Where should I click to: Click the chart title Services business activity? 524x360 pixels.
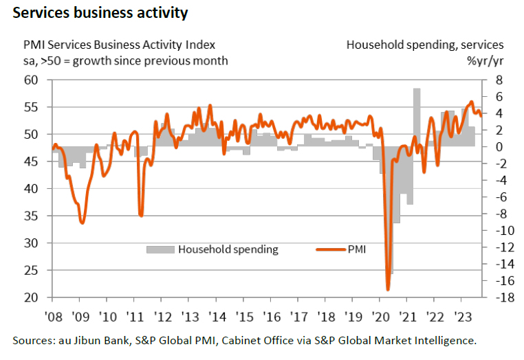coord(100,13)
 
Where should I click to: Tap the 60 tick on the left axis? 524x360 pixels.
coord(32,80)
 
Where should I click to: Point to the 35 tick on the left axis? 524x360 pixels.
coord(32,216)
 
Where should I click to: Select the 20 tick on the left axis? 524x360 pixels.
coord(32,297)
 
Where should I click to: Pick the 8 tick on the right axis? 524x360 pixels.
coord(499,80)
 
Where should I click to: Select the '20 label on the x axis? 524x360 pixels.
coord(380,317)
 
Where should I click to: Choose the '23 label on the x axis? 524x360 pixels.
coord(461,317)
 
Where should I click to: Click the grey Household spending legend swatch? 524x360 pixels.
coord(160,249)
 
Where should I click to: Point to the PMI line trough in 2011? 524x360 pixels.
coord(141,215)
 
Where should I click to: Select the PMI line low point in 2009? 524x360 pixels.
coord(83,223)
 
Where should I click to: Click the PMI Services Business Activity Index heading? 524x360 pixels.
coord(119,45)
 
